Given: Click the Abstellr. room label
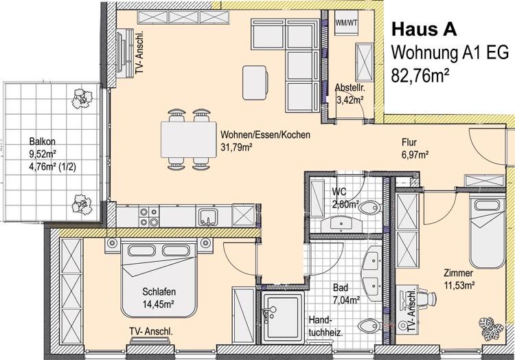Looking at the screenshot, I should pos(349,88).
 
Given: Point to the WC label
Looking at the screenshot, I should pos(339,192).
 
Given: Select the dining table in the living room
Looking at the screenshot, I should pos(186,139).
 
